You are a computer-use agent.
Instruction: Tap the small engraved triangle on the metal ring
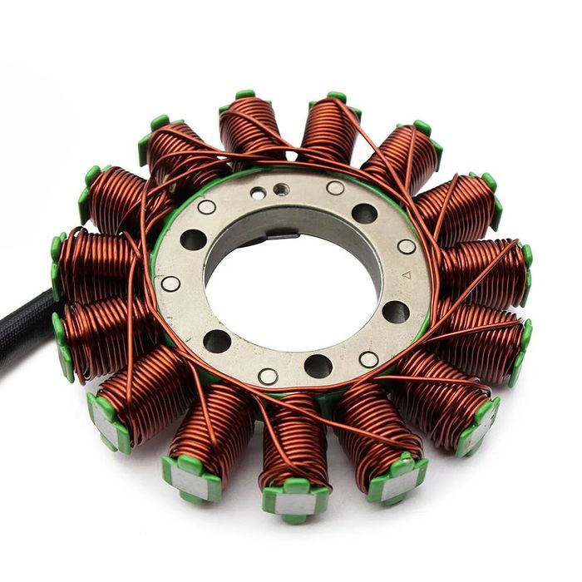[x=405, y=274]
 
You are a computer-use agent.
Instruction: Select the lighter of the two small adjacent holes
[x=259, y=193]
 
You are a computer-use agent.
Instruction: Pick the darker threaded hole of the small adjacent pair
[x=283, y=190]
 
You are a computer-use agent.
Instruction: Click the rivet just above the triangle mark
[x=406, y=247]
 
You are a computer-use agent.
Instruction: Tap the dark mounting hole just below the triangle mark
[x=396, y=312]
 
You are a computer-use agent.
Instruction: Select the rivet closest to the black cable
[x=170, y=284]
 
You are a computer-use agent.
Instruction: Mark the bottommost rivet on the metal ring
[x=268, y=376]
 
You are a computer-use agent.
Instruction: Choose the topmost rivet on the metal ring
[x=335, y=188]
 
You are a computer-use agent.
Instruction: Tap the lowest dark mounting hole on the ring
[x=318, y=366]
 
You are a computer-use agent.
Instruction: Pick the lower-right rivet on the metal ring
[x=368, y=359]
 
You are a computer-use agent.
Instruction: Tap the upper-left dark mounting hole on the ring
[x=194, y=239]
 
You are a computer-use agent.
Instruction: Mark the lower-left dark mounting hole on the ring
[x=218, y=341]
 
